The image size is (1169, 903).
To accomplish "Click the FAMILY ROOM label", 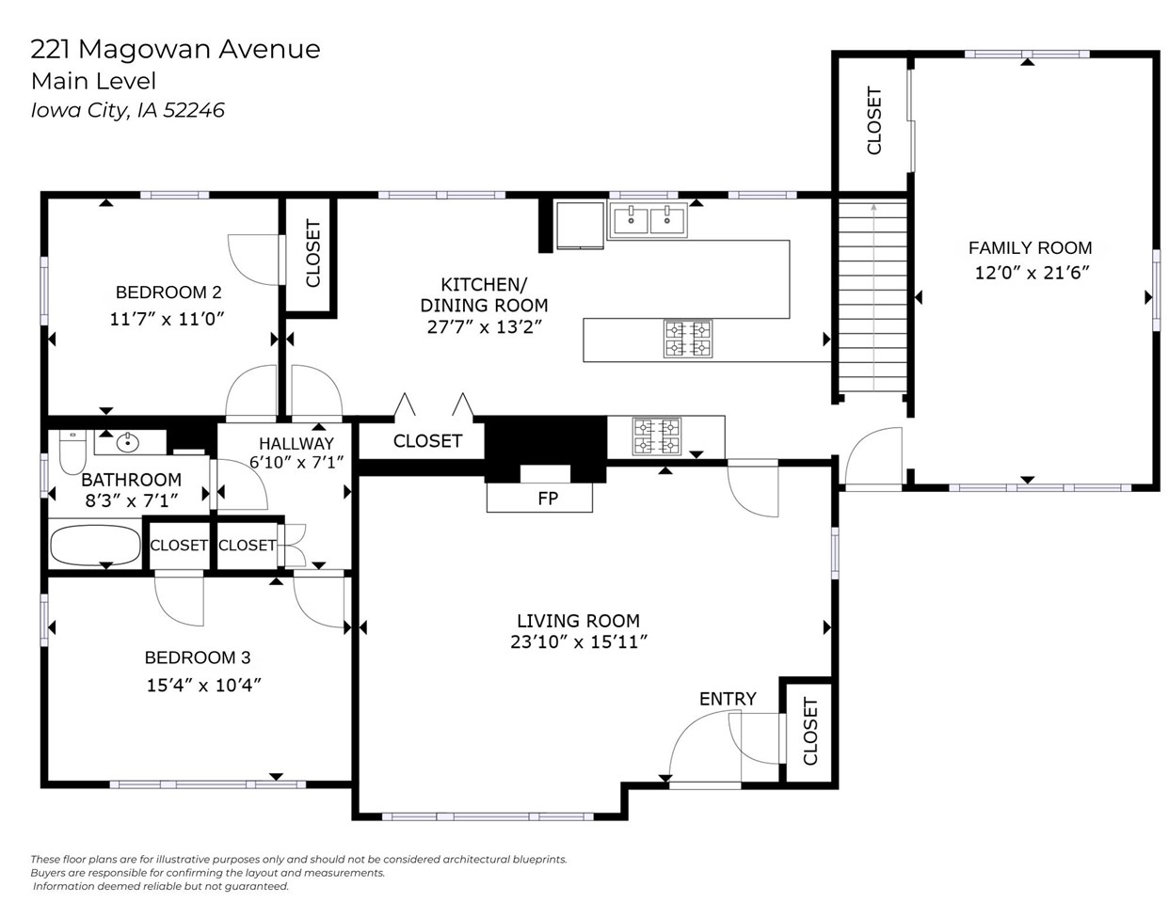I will tap(1030, 248).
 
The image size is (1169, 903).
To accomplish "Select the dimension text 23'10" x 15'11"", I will tap(578, 642).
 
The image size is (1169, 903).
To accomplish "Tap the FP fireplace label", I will tap(548, 499).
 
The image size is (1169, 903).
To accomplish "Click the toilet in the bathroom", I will tap(72, 451).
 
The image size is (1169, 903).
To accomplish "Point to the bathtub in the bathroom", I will tap(94, 545).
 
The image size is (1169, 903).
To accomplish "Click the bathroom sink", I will tap(129, 442).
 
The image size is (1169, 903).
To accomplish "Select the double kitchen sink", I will tap(649, 220).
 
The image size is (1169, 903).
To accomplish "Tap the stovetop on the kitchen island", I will tap(687, 340).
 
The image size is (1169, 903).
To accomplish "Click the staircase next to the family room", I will tap(873, 296).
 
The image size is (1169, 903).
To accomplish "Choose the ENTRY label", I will tap(728, 699).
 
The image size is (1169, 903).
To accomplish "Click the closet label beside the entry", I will tap(810, 731).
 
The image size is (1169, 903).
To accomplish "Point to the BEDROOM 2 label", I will tap(168, 293).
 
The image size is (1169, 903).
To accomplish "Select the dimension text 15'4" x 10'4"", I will tap(203, 685).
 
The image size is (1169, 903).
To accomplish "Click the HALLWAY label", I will tap(296, 443).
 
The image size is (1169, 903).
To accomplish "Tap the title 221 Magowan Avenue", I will tap(175, 49).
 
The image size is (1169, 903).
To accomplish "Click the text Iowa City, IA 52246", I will tap(128, 110).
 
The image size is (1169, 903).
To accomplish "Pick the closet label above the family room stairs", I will tap(873, 120).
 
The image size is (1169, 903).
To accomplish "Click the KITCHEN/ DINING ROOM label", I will tap(484, 294).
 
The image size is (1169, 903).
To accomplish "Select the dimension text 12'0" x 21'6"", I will tap(1032, 274).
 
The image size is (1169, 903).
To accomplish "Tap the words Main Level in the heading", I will tap(93, 81).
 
